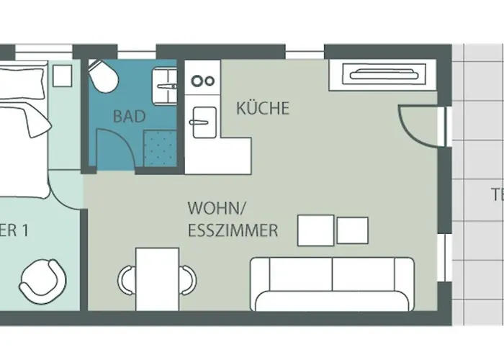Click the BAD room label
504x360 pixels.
pos(130,116)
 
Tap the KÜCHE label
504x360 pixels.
pos(263,109)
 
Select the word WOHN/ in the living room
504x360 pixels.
pos(217,209)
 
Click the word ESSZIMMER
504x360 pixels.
pos(233,231)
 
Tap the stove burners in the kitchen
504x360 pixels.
pos(204,81)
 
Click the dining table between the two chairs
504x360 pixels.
pos(157,277)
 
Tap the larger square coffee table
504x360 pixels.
pos(315,230)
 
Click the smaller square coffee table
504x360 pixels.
pos(353,230)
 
